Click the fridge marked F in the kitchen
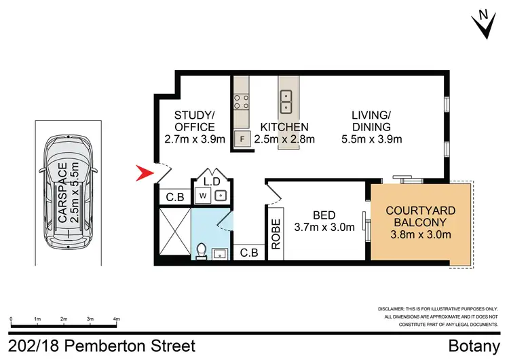coord(241,140)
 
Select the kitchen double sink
coord(286,101)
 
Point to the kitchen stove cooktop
coord(241,102)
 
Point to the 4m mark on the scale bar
coord(116,318)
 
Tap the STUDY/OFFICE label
coord(194,121)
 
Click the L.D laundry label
coord(212,181)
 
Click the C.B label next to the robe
coord(249,253)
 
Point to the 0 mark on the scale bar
coord(12,318)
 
